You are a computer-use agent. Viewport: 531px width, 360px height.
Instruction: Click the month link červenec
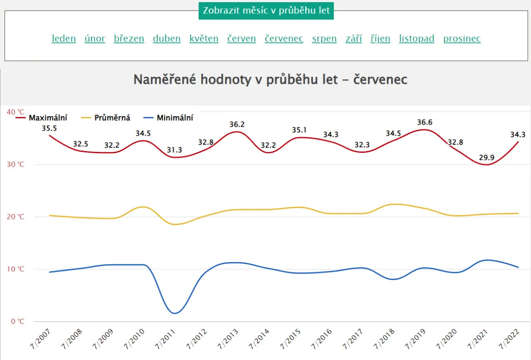coord(284,39)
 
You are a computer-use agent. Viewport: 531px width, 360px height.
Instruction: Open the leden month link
coord(64,39)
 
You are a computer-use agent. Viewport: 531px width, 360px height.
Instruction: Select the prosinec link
coord(462,39)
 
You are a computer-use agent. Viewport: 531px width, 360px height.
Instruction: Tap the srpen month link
coord(324,39)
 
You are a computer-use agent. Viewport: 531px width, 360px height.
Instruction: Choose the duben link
coord(166,39)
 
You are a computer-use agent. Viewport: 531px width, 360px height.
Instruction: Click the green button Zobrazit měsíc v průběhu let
coord(266,10)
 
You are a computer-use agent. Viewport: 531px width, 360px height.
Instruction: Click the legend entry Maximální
coord(47,118)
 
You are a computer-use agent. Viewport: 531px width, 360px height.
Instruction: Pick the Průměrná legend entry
coord(112,118)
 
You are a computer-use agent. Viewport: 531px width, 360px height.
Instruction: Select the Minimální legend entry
coord(175,118)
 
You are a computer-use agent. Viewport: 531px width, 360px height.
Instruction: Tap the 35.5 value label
coord(50,128)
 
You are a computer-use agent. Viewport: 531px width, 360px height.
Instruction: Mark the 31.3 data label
coord(174,150)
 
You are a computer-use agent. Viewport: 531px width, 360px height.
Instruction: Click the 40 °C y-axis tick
coord(16,112)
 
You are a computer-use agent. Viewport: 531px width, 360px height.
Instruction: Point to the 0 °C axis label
coord(17,321)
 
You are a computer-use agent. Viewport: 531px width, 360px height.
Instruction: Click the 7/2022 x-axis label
coord(509,339)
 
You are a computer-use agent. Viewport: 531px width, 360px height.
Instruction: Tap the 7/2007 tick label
coord(41,339)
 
